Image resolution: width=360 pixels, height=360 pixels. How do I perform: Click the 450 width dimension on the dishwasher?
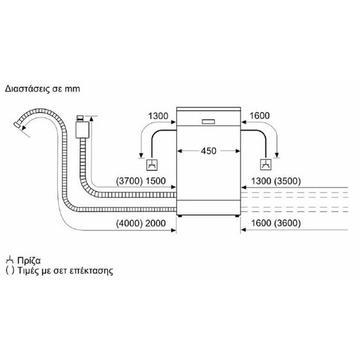(208, 151)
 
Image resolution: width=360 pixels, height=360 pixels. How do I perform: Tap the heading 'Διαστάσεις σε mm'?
(43, 88)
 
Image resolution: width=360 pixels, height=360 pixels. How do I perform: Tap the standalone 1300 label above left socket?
(157, 116)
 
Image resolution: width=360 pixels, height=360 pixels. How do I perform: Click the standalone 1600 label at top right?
(260, 116)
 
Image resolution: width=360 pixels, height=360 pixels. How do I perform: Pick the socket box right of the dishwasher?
(264, 164)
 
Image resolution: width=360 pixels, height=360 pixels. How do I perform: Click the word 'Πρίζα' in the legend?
(30, 261)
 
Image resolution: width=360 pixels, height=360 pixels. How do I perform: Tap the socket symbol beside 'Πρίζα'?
(10, 260)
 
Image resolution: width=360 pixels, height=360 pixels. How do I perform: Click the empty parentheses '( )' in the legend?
(9, 271)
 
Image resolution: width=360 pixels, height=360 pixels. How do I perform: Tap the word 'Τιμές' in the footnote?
(28, 271)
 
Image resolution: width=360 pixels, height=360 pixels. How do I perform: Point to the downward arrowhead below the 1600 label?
(277, 154)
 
